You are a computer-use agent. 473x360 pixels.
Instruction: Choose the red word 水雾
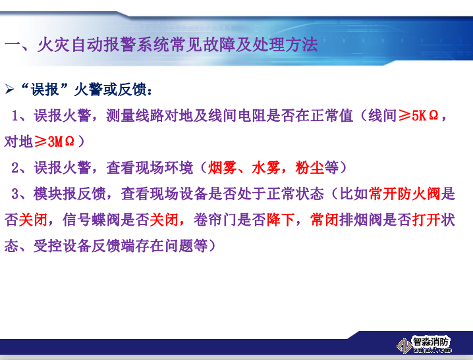point(265,168)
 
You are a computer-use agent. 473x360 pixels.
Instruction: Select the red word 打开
point(425,219)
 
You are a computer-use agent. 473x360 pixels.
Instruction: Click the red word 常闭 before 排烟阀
point(323,219)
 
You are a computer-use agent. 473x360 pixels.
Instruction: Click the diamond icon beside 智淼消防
point(403,346)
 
